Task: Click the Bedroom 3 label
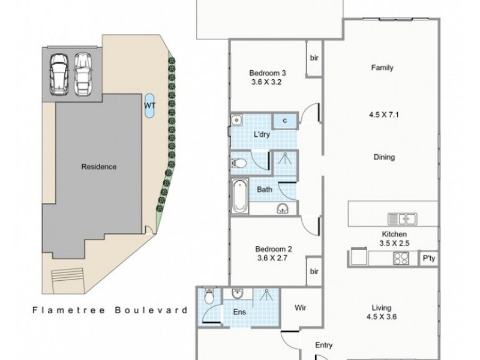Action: point(265,74)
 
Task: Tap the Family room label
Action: point(382,68)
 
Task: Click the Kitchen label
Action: point(395,234)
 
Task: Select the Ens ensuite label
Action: point(239,313)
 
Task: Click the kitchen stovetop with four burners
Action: point(401,257)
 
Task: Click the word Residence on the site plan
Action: point(98,167)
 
